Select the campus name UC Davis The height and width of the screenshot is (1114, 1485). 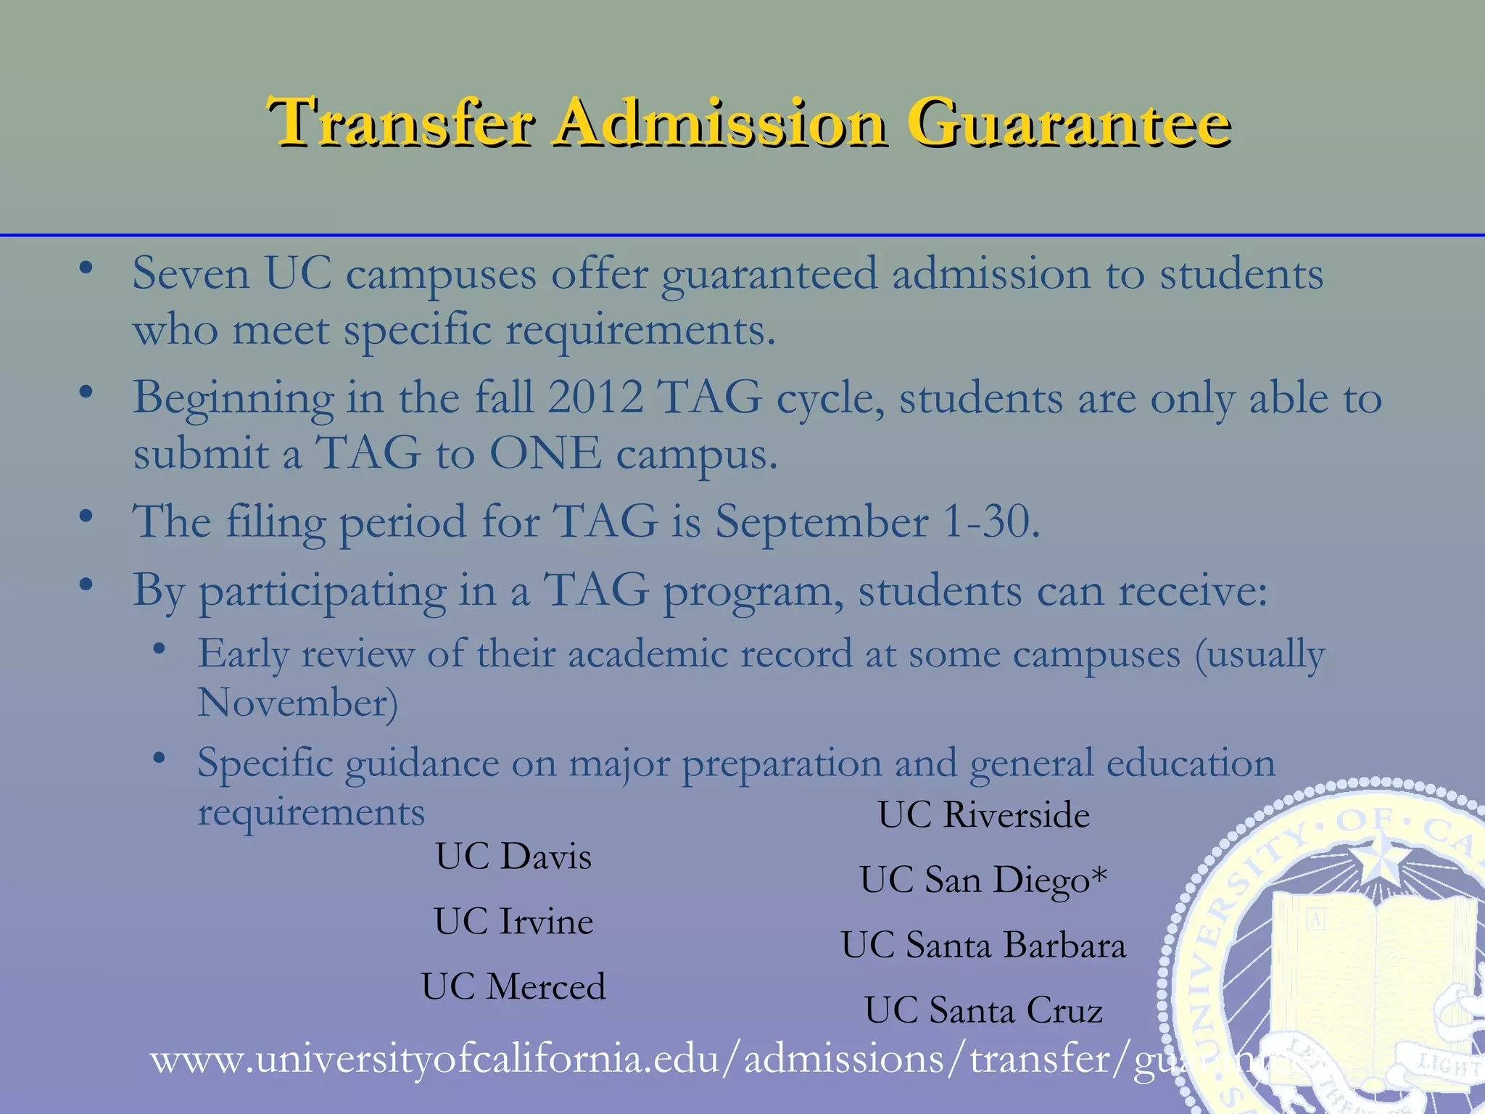coord(513,857)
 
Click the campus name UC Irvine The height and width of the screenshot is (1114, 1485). coord(513,922)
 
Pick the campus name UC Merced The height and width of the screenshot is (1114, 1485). coord(513,987)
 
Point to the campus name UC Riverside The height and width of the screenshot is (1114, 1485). coord(983,815)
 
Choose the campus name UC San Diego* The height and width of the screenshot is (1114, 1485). coord(983,880)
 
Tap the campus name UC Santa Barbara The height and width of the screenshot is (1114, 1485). coord(983,946)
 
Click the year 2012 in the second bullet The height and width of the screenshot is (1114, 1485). coord(595,397)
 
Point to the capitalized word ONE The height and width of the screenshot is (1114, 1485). coord(545,454)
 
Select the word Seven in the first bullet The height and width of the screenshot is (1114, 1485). coord(191,274)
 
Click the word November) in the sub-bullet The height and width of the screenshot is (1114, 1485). coord(298,703)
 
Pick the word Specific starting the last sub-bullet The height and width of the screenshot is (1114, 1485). coord(265,764)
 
